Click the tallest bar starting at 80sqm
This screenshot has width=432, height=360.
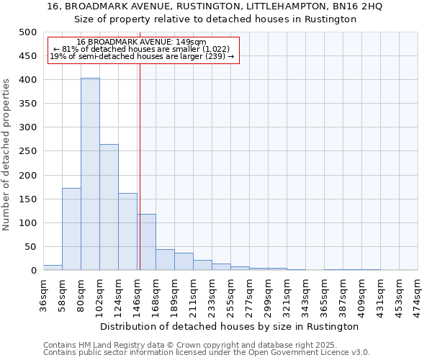[x=90, y=174]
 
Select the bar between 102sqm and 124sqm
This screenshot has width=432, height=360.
[x=109, y=207]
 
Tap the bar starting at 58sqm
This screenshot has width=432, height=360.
[x=71, y=229]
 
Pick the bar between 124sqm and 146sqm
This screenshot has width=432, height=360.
[x=127, y=232]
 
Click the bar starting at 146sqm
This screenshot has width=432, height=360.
[x=146, y=242]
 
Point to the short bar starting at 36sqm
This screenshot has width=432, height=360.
[x=53, y=267]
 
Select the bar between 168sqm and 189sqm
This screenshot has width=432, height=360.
[x=165, y=260]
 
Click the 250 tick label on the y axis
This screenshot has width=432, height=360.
[x=27, y=151]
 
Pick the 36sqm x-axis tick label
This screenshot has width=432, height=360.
[x=44, y=292]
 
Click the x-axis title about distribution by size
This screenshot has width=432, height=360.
[x=230, y=326]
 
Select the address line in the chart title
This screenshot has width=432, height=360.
[x=215, y=6]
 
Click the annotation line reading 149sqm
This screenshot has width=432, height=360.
[x=141, y=42]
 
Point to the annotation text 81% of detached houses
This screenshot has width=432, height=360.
[x=141, y=49]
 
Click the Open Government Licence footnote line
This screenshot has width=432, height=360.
[x=207, y=352]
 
